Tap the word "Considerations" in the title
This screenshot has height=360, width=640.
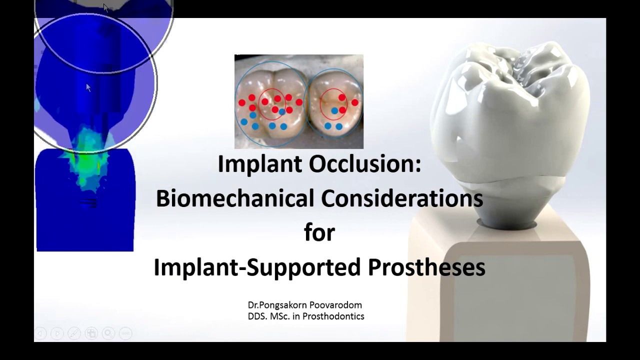[402, 198]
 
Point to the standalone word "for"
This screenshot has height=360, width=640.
[319, 232]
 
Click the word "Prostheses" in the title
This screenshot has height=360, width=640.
[426, 267]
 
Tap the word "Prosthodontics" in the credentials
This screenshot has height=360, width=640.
[333, 316]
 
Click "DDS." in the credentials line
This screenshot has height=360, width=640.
[257, 316]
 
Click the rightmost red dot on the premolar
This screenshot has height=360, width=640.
[354, 102]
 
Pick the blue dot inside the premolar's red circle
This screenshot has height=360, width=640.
[334, 110]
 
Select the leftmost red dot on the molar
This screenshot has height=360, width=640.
[242, 102]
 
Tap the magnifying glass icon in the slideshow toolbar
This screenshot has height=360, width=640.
[108, 333]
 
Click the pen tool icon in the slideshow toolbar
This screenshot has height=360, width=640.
[74, 333]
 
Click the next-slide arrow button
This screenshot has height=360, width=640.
[57, 333]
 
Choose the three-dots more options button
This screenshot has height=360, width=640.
[125, 333]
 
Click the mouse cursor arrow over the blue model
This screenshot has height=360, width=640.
[88, 87]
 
